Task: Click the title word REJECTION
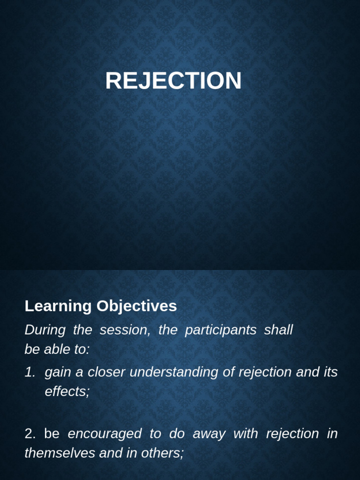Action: click(173, 81)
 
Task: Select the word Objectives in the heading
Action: click(136, 306)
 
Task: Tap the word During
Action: click(45, 330)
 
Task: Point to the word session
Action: click(125, 330)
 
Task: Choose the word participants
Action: click(220, 330)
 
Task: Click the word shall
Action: click(278, 330)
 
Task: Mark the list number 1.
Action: click(30, 372)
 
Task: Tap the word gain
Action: click(58, 373)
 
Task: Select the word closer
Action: click(106, 372)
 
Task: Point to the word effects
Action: click(67, 391)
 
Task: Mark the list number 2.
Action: click(30, 434)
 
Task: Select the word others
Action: click(163, 453)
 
